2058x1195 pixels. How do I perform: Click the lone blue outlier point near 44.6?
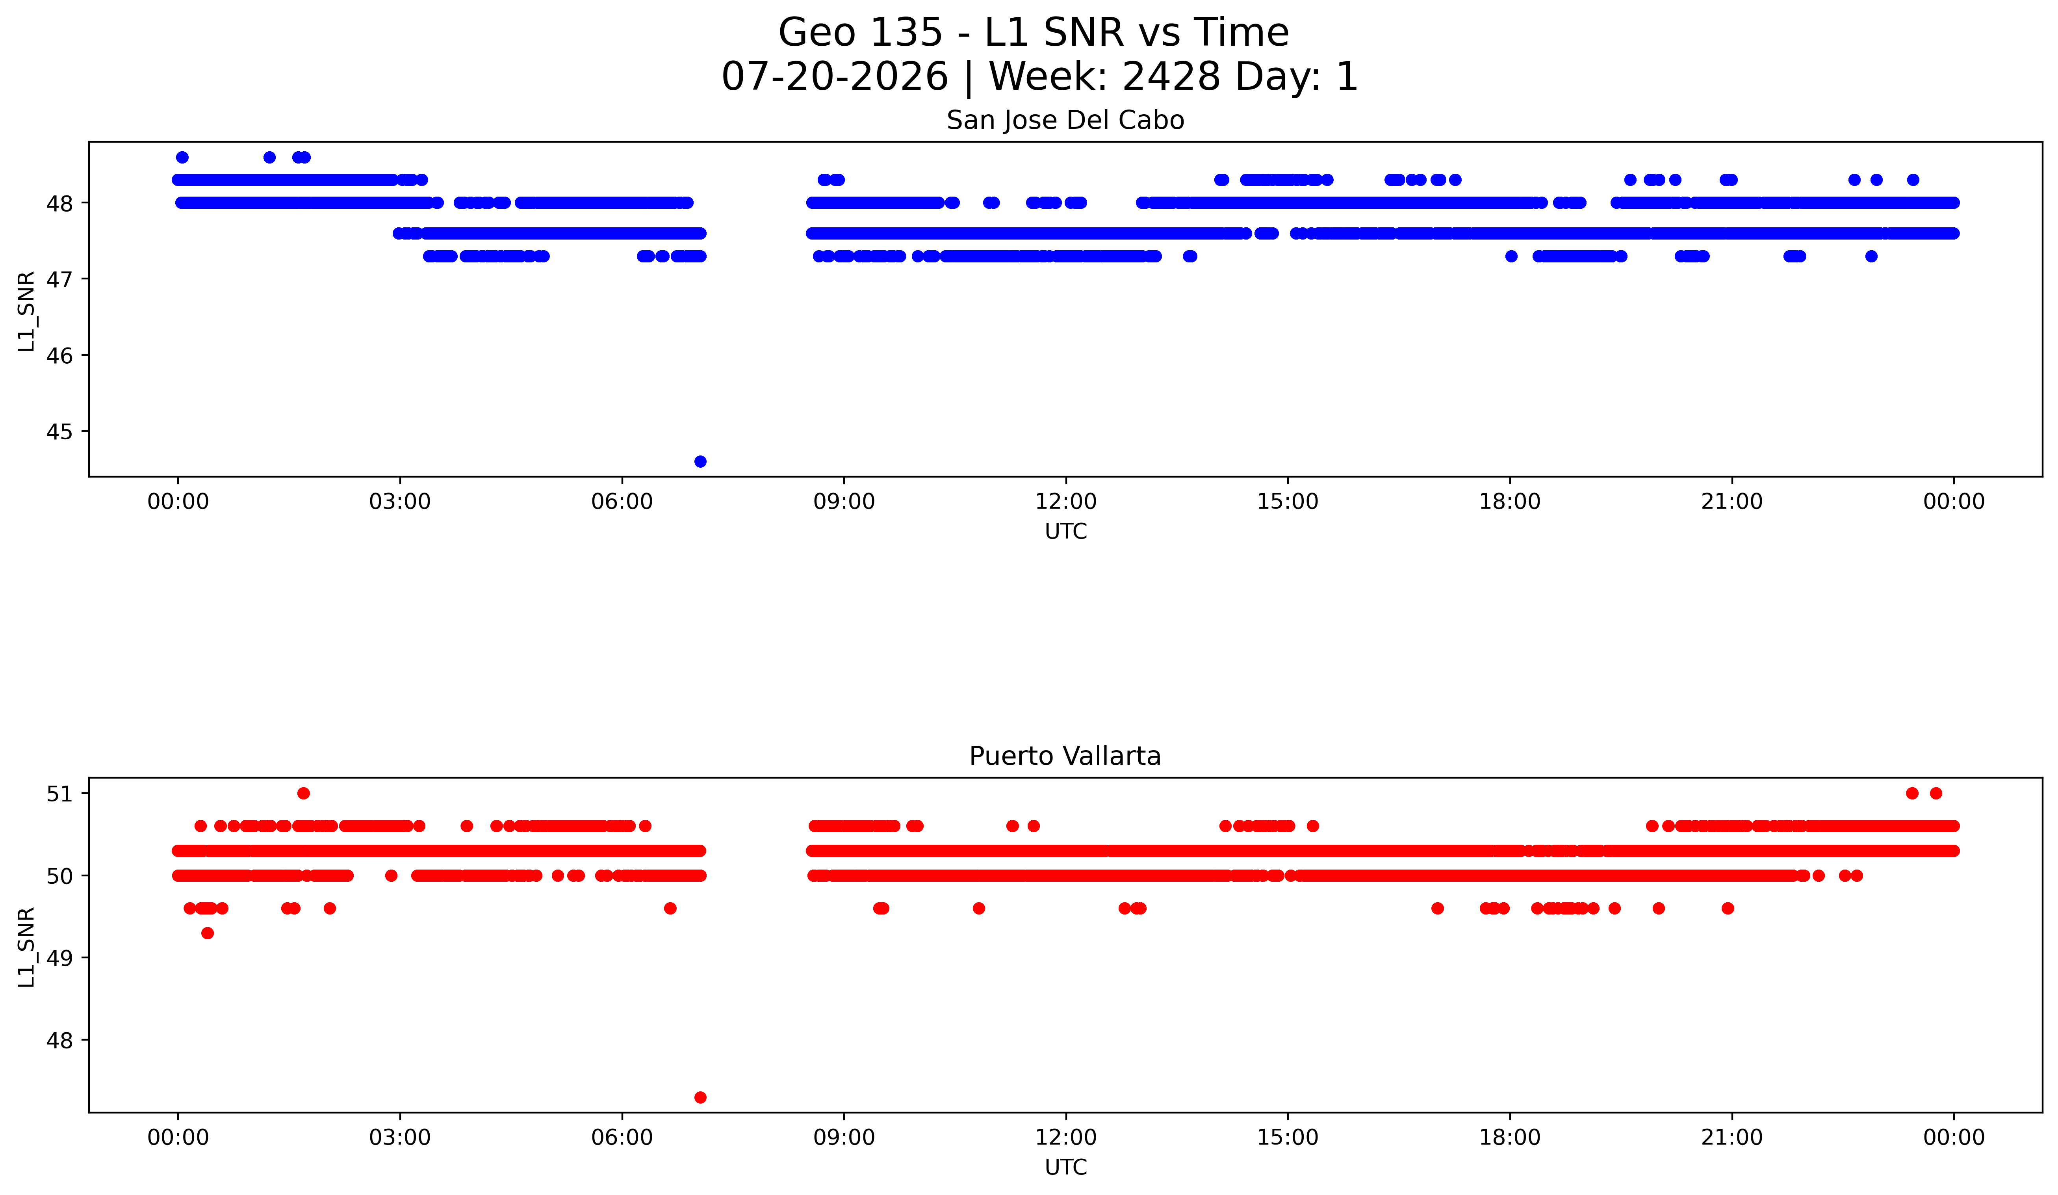pos(700,461)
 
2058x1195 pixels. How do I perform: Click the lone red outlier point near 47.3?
pos(700,1097)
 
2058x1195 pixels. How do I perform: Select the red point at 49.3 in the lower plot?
pos(208,933)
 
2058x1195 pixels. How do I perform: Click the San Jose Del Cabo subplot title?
pos(1065,121)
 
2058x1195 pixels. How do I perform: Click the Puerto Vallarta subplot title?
pos(1065,756)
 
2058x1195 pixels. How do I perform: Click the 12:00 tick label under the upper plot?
pos(1066,502)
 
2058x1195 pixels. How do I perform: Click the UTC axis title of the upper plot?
pos(1066,532)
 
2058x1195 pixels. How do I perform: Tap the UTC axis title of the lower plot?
pos(1066,1167)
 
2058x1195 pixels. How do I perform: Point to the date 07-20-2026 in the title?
pos(835,77)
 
